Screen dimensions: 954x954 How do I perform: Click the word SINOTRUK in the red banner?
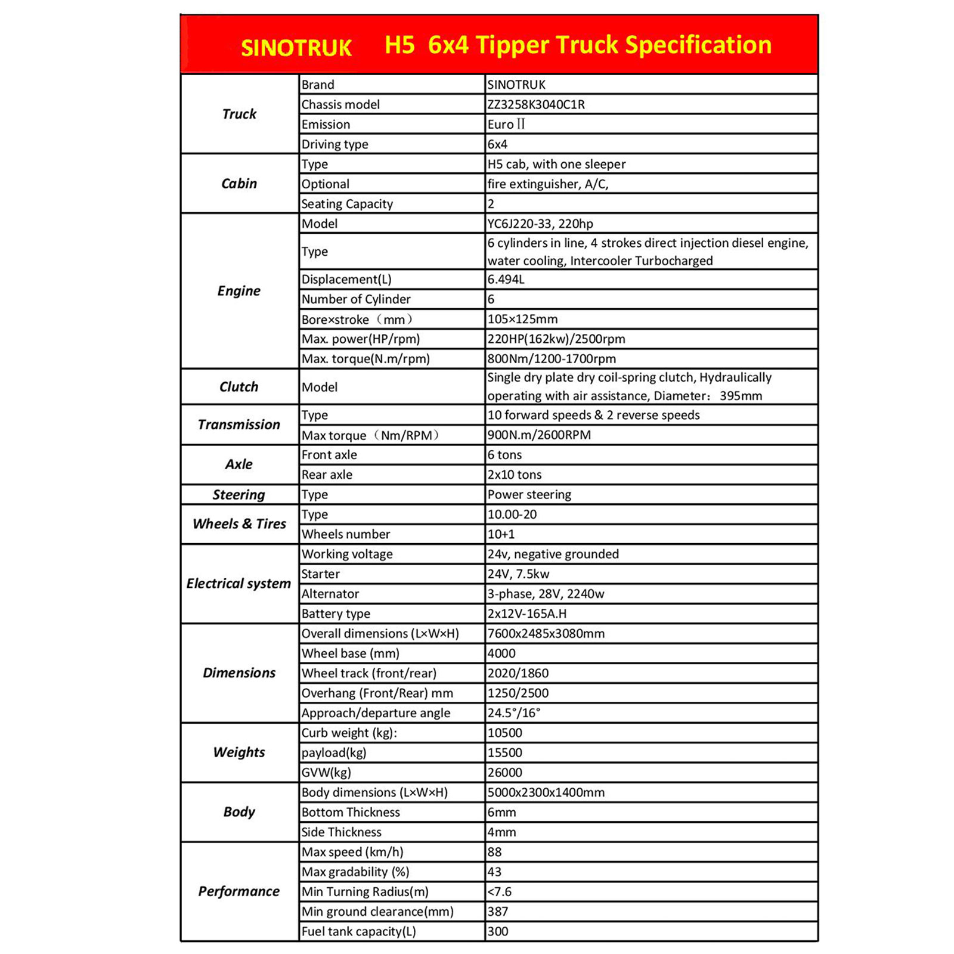point(296,48)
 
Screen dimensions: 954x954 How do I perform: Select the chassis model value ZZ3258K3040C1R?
point(535,104)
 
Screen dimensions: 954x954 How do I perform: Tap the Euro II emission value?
point(506,124)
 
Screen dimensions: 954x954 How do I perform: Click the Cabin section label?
point(238,183)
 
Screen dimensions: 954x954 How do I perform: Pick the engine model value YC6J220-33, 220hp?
point(540,224)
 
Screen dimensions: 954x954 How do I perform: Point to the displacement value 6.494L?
point(506,279)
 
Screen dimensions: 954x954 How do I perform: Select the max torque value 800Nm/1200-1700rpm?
point(552,358)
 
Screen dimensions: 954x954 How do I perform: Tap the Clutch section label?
point(238,386)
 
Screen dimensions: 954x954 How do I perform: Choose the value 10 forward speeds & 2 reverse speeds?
point(593,415)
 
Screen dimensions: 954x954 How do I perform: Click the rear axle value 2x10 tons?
point(514,475)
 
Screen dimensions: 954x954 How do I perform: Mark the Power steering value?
point(529,494)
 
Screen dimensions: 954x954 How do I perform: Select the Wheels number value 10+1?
point(501,534)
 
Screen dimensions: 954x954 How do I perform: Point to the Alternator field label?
point(330,594)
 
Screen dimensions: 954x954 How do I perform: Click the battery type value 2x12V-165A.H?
point(526,614)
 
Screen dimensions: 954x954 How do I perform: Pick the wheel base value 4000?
point(501,653)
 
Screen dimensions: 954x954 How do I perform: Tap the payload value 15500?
point(504,752)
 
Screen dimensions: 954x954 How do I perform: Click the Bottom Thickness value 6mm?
point(501,812)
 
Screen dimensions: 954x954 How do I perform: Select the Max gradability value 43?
point(494,872)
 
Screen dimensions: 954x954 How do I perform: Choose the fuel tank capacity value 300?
point(497,931)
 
